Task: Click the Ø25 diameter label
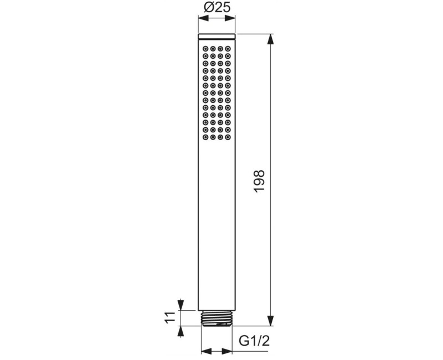click(x=217, y=7)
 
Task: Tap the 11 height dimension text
click(x=170, y=318)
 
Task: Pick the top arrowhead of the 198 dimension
click(x=270, y=39)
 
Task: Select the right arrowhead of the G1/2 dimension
click(x=228, y=351)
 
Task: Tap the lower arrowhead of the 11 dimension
click(x=180, y=331)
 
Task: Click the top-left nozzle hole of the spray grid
click(x=205, y=48)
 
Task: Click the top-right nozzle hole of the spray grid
click(x=228, y=48)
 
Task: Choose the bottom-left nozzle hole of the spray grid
click(x=205, y=137)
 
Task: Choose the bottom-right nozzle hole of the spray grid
click(x=228, y=137)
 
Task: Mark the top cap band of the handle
click(x=217, y=37)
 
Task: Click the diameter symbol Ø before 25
click(x=207, y=7)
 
